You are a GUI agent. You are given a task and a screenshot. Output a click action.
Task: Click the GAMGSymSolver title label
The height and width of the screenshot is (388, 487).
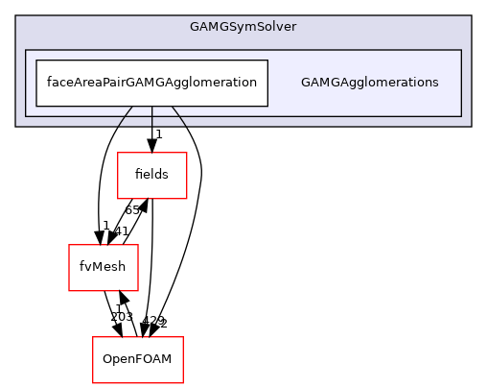[243, 26]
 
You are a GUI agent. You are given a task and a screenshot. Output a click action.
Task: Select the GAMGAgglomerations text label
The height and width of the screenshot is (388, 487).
[369, 83]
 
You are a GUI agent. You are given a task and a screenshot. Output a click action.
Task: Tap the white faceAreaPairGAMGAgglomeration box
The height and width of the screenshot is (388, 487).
[151, 83]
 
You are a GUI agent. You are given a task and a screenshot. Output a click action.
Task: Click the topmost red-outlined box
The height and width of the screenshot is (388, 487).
[151, 176]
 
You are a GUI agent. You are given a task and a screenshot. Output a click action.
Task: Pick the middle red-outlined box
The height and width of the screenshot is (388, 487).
[104, 268]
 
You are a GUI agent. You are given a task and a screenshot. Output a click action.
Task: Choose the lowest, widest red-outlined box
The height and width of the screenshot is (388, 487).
[137, 360]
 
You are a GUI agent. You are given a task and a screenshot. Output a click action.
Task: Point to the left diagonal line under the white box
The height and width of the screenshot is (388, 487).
[125, 116]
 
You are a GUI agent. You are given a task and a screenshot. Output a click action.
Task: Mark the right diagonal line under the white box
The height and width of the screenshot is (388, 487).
[178, 116]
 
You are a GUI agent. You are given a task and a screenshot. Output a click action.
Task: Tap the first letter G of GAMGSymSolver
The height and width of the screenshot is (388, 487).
[195, 26]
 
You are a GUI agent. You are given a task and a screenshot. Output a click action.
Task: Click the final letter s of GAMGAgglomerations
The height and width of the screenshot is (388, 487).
[435, 83]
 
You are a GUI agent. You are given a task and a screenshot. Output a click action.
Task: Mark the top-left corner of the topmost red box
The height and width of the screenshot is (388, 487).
[118, 153]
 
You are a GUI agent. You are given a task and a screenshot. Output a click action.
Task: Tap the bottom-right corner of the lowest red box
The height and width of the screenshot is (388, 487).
[182, 383]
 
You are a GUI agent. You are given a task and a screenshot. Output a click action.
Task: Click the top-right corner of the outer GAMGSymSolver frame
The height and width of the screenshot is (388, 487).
[471, 15]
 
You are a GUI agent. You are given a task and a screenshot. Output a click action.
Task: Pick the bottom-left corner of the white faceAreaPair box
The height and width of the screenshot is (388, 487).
[36, 106]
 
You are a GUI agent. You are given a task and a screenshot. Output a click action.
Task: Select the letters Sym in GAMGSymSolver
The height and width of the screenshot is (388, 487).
[243, 26]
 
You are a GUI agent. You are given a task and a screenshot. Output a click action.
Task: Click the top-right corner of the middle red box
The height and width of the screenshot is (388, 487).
[138, 245]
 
